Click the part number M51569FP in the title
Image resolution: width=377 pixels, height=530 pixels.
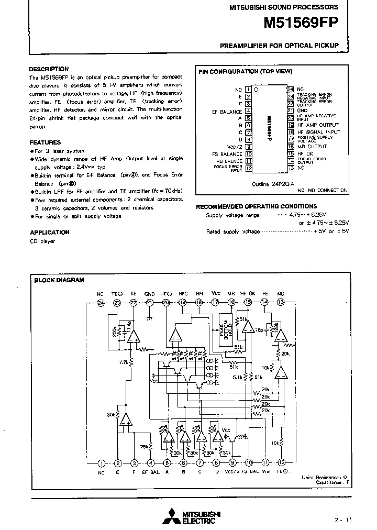(x=301, y=24)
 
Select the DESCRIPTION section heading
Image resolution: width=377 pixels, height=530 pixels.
(x=49, y=69)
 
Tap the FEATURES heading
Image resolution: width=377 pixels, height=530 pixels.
(x=45, y=142)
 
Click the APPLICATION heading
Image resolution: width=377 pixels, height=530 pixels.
(x=50, y=232)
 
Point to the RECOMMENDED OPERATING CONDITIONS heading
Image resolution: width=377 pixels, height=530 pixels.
(x=256, y=206)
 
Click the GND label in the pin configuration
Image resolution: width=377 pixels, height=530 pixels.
(x=303, y=111)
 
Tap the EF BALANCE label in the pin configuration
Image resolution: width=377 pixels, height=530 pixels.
(x=227, y=111)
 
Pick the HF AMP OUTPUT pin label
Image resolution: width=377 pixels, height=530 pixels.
(x=318, y=125)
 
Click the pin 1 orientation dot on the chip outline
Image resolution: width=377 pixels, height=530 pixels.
(x=256, y=90)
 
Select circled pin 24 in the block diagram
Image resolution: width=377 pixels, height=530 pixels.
(x=101, y=303)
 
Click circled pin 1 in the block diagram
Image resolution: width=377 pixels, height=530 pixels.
(x=101, y=463)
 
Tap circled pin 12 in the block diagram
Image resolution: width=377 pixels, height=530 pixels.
(x=282, y=463)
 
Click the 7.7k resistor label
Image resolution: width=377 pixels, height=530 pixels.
(x=123, y=362)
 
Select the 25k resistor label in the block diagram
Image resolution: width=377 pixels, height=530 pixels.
(x=143, y=446)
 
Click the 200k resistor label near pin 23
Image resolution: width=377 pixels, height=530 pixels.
(x=114, y=331)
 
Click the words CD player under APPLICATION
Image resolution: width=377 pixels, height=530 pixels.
(x=42, y=241)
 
